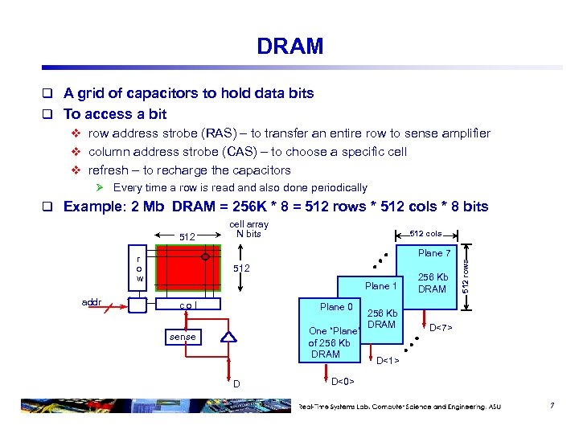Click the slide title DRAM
[x=289, y=47]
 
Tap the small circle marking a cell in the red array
[x=206, y=258]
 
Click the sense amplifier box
[x=183, y=337]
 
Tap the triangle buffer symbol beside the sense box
[x=229, y=338]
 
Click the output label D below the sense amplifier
[x=236, y=383]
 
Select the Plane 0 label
[x=336, y=306]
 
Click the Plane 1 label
[x=381, y=286]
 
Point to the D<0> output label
[x=343, y=380]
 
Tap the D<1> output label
[x=388, y=361]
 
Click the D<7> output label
[x=441, y=327]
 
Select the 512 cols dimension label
[x=426, y=234]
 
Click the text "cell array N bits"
[x=249, y=229]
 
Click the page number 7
[x=552, y=407]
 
